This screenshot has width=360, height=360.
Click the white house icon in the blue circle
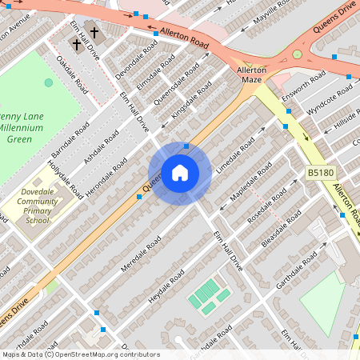coord(180,173)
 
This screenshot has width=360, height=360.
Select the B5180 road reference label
coord(319,172)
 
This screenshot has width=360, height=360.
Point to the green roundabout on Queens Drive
coord(298,54)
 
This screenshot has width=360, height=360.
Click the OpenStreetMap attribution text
coord(80,354)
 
